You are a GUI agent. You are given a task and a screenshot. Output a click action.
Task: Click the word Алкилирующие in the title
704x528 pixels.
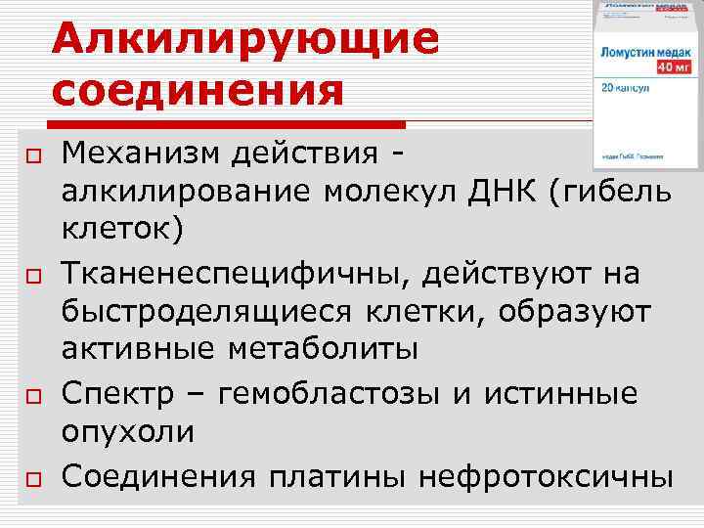click(245, 40)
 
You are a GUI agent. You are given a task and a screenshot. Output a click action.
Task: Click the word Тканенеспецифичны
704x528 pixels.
click(235, 275)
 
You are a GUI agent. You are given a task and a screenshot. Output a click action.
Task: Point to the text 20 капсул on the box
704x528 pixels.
click(630, 87)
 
